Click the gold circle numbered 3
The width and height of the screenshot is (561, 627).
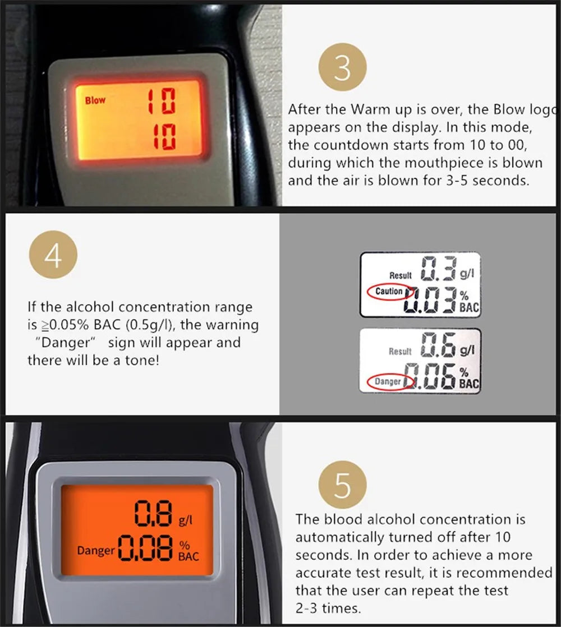[342, 69]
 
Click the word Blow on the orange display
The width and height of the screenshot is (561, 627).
[95, 100]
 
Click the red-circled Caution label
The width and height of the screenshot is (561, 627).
[389, 292]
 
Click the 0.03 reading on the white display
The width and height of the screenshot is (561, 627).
[435, 299]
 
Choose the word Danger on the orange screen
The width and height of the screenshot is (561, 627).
[95, 551]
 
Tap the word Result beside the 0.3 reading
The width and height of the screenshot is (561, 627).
[401, 275]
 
